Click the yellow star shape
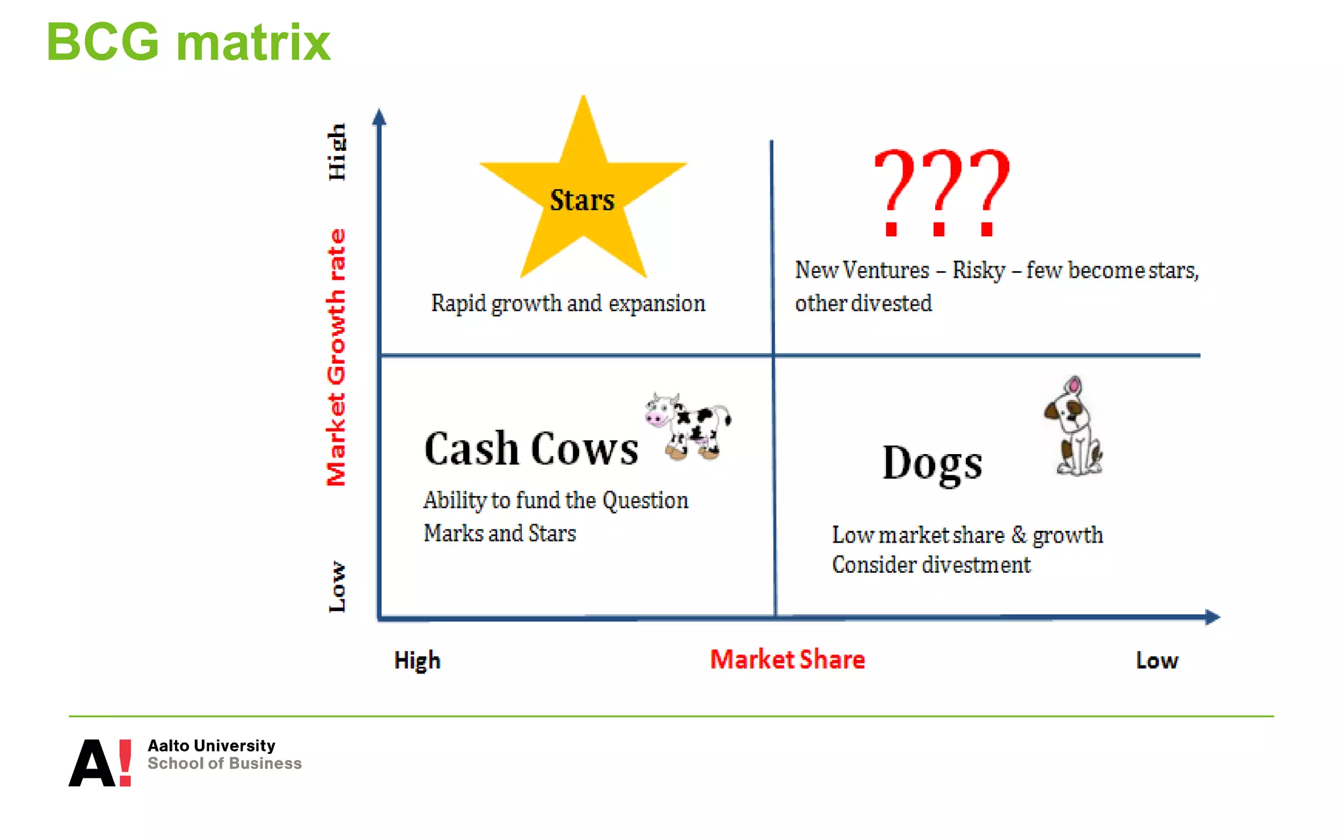click(583, 197)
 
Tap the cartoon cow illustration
click(689, 427)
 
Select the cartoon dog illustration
click(1074, 427)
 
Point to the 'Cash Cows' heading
click(531, 450)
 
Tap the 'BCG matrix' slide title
click(188, 42)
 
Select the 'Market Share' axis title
click(788, 660)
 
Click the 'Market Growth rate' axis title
click(336, 358)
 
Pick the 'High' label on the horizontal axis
click(417, 661)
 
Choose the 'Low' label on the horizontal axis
click(1157, 660)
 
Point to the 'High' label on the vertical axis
click(336, 152)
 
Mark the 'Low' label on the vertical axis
click(336, 587)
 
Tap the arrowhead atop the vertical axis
click(379, 117)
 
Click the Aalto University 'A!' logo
click(100, 763)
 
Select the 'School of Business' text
click(224, 764)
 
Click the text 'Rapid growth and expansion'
click(568, 304)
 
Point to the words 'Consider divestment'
click(931, 565)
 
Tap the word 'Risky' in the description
click(978, 270)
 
